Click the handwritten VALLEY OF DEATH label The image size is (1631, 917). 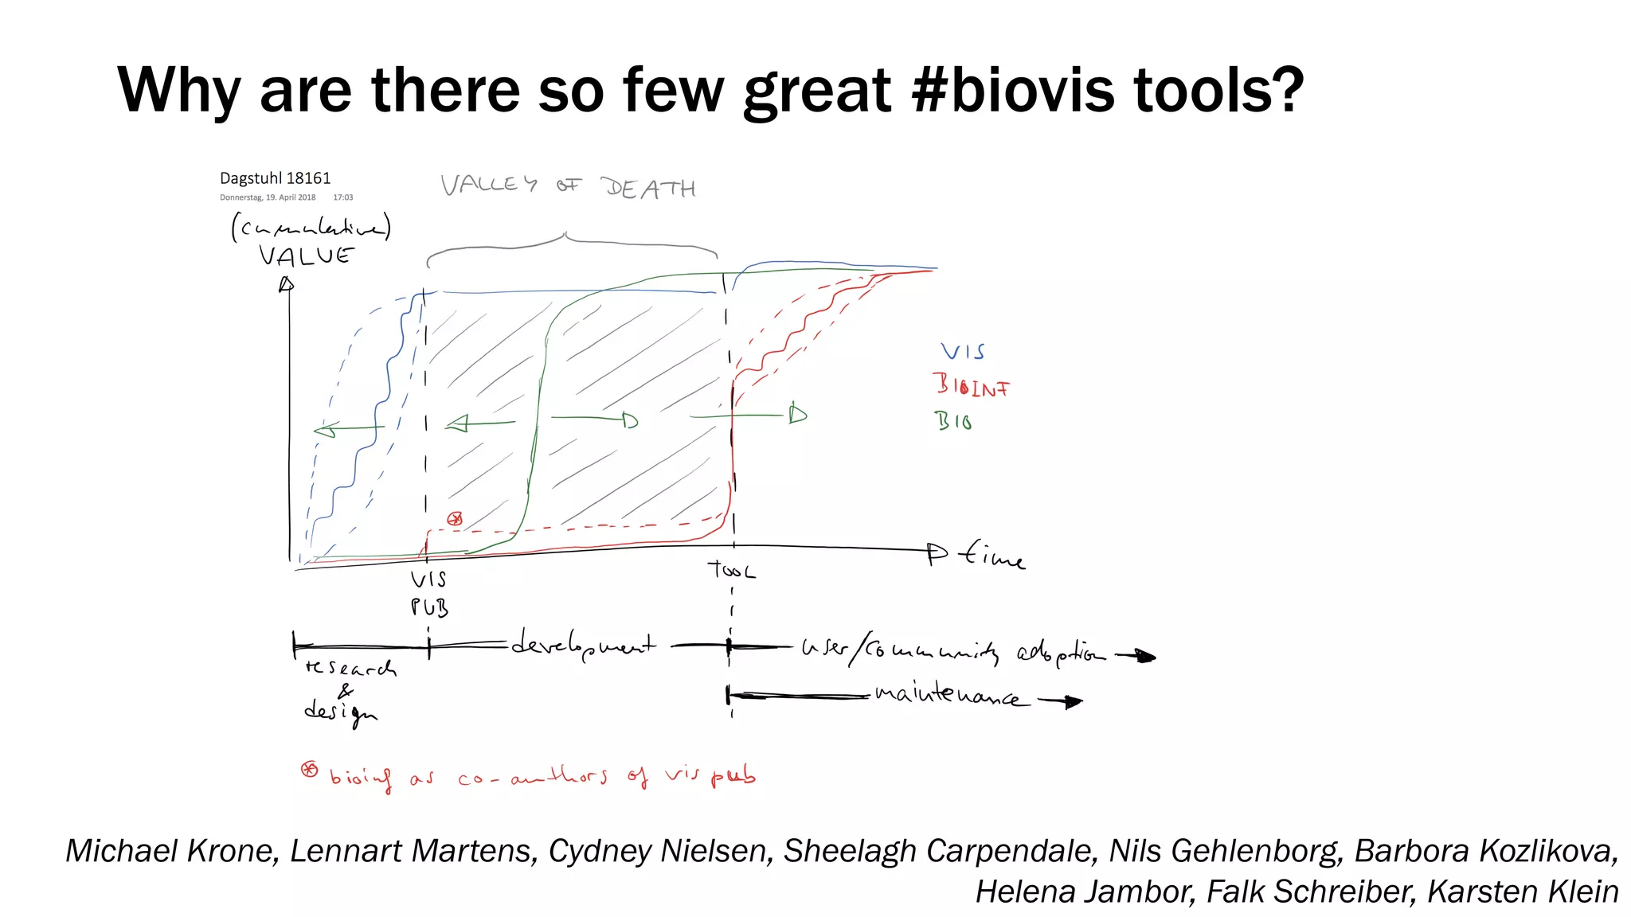tap(568, 187)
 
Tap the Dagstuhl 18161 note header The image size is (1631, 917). tap(275, 178)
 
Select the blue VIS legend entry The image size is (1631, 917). tap(962, 352)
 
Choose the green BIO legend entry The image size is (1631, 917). tap(952, 421)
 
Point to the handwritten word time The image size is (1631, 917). tap(992, 554)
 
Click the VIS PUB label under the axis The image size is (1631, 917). tap(429, 594)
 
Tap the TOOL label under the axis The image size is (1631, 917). tap(731, 570)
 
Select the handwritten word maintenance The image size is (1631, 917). tap(946, 695)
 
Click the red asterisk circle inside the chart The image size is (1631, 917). tap(455, 519)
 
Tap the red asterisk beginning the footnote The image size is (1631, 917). tap(309, 770)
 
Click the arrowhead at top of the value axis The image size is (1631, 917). tap(286, 284)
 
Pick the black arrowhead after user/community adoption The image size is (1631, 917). tap(1145, 656)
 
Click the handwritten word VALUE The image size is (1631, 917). tap(306, 256)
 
